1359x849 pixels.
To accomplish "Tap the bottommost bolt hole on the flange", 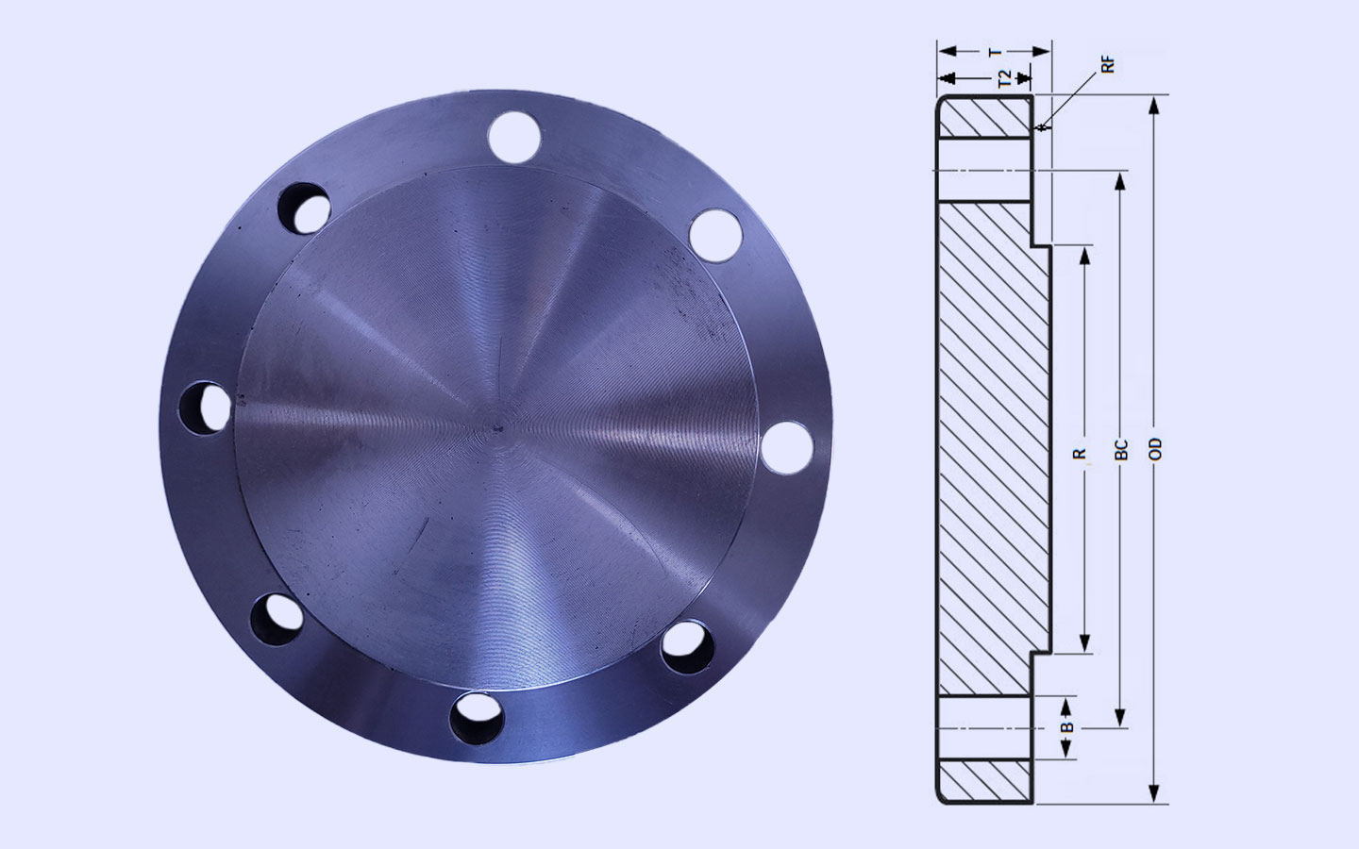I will coord(477,718).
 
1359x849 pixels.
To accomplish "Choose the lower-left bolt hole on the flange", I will coord(275,618).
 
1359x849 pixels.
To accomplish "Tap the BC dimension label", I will coord(1121,450).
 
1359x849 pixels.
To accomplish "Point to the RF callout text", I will coord(1108,64).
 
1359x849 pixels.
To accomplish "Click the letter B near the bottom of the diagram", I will coord(1066,727).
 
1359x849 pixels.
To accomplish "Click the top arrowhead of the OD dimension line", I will coord(1152,104).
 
